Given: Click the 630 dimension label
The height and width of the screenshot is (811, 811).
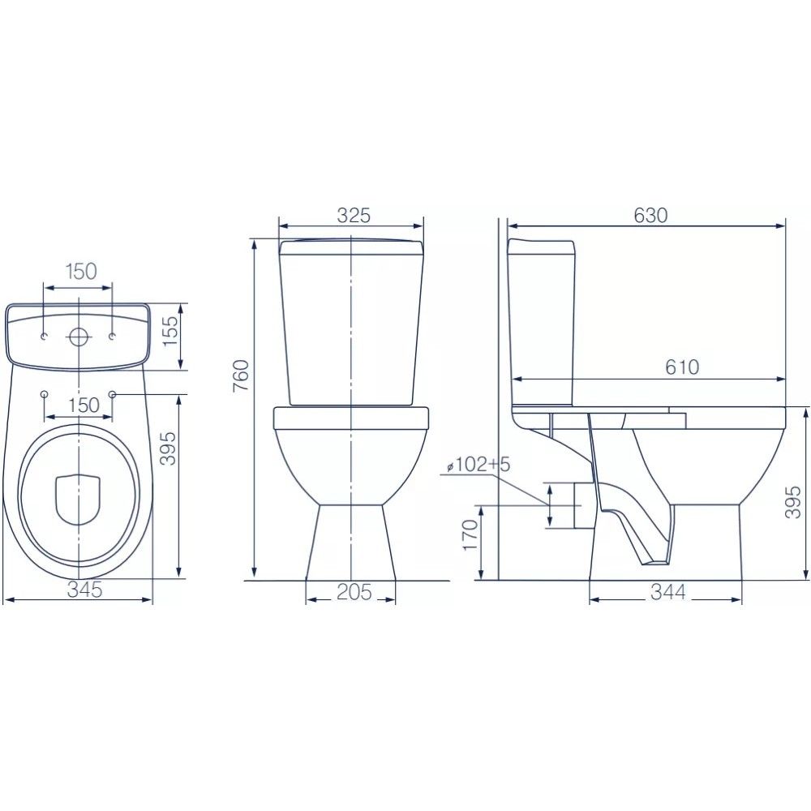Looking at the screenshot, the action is coord(650,215).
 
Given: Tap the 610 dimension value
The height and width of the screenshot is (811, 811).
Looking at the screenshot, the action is coord(682,367).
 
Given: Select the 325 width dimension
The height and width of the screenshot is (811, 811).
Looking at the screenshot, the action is coord(354,215).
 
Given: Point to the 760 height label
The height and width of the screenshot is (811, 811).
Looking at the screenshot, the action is coord(242,375).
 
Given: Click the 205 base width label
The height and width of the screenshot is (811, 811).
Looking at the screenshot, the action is coord(354,592).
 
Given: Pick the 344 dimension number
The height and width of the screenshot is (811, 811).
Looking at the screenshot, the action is coord(667,592).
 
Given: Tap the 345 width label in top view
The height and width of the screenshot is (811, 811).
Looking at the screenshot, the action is coord(85,590).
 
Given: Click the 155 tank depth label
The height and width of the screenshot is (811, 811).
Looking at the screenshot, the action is coord(170,332).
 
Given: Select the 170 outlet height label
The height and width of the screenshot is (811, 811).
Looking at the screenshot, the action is coord(470,535).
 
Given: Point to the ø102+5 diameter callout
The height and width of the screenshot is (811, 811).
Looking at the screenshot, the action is coord(478,465).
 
